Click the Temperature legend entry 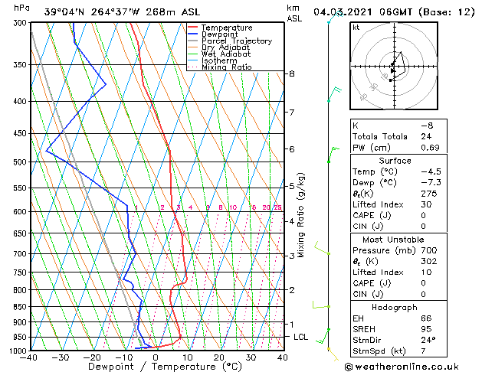pos(225,28)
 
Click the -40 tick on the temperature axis pos(30,357)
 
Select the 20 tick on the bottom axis pos(219,357)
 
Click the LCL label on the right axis pos(301,337)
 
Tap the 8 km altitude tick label pos(292,73)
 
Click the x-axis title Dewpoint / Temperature pos(156,367)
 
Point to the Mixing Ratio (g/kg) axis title pos(302,215)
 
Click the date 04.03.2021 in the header pos(346,12)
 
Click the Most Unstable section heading pos(395,240)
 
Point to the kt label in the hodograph pos(356,28)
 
